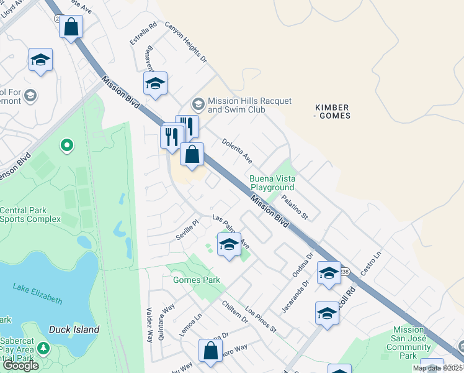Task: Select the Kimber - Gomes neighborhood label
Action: tap(332, 111)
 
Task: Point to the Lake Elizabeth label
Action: tap(38, 293)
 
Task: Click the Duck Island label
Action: tap(74, 329)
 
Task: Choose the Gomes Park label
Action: tap(197, 280)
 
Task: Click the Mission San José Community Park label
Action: tap(408, 343)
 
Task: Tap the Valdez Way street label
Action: tap(149, 324)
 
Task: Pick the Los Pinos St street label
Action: tap(261, 319)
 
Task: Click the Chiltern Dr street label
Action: tap(235, 312)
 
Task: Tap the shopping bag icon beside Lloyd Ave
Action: tap(71, 27)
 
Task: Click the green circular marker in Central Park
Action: tap(66, 146)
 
